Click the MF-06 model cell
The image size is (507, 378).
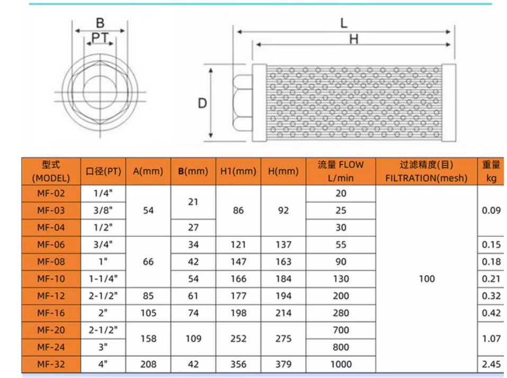coord(51,244)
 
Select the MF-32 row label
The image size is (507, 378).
coord(51,364)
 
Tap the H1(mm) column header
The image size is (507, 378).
coord(238,171)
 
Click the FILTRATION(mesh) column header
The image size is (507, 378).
coord(426,171)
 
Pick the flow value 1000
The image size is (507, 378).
coord(341,364)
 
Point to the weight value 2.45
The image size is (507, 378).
coord(491,364)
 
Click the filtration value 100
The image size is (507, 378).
coord(427,279)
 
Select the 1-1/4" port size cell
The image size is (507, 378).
coord(103,279)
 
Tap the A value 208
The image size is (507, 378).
coord(148,364)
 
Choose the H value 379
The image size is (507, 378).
coord(283,364)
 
